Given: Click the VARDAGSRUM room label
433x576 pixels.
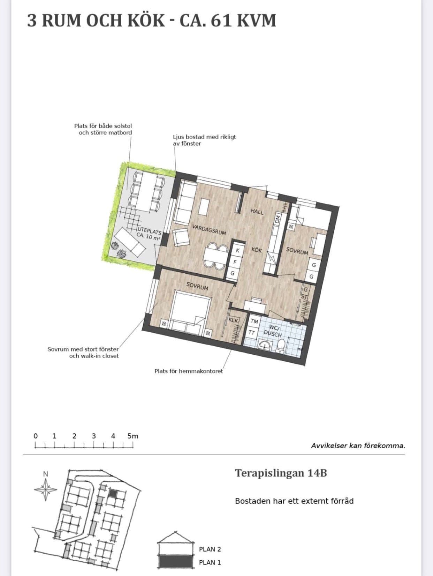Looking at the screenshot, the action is (209, 230).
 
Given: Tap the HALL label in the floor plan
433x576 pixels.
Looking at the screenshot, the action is (257, 211).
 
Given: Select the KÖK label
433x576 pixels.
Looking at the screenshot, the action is (257, 250).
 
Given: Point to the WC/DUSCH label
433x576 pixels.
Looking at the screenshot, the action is (273, 331).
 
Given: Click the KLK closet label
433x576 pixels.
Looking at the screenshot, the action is (233, 320).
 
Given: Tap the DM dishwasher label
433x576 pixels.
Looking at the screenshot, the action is (278, 219).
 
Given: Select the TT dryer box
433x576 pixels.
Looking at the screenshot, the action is (252, 332).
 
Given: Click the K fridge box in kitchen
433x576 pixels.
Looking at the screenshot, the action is (237, 250).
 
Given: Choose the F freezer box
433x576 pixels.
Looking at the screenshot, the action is (235, 261).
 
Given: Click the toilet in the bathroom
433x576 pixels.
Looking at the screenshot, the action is (281, 345).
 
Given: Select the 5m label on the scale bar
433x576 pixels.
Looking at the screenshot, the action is (133, 436).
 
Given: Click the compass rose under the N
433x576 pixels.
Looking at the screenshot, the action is (46, 489).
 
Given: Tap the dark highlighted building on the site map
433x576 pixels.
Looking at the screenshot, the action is (113, 494).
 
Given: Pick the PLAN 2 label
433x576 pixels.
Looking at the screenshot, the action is (210, 549).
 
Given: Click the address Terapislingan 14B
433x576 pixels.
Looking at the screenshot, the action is (281, 473).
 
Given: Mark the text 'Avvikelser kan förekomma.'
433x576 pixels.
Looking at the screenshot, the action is (358, 445).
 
